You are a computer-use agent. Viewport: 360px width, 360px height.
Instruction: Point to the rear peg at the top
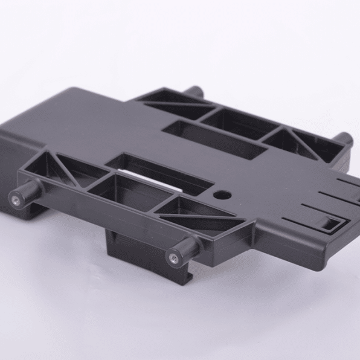click(x=194, y=92)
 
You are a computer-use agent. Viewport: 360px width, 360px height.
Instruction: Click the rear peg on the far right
click(x=343, y=140)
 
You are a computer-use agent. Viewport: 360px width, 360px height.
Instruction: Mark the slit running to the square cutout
click(x=308, y=214)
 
